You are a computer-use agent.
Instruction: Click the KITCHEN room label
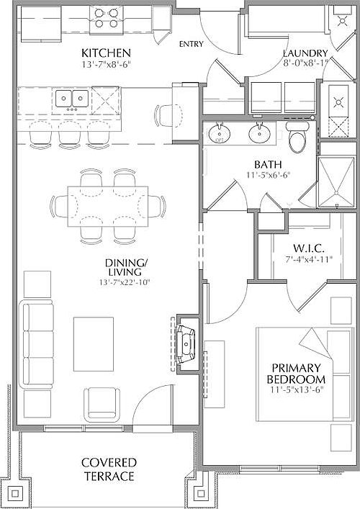pos(106,53)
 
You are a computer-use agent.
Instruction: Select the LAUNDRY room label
pos(305,53)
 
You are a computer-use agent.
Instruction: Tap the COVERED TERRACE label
pos(107,469)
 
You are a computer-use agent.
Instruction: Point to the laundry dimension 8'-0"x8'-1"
pos(305,63)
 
